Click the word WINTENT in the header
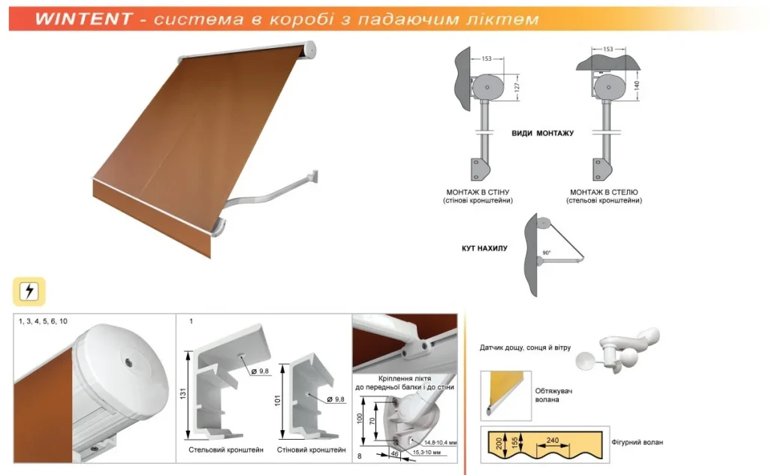tap(84, 19)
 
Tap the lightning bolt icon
tap(29, 291)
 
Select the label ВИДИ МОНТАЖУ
tap(542, 134)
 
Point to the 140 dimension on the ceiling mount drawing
tap(637, 86)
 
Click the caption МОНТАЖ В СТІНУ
tap(478, 192)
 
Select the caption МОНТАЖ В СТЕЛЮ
tap(604, 192)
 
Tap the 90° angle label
tap(547, 253)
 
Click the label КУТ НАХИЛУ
tap(484, 248)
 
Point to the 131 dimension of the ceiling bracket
tap(183, 394)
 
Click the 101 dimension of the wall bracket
tap(277, 401)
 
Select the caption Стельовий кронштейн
tap(226, 449)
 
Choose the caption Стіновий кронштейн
tap(312, 449)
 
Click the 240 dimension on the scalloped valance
tap(553, 440)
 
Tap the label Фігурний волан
tap(637, 442)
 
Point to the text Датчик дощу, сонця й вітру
tap(525, 347)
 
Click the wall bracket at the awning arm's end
tap(312, 176)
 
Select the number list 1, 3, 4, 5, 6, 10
tap(43, 322)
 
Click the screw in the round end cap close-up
tap(128, 362)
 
